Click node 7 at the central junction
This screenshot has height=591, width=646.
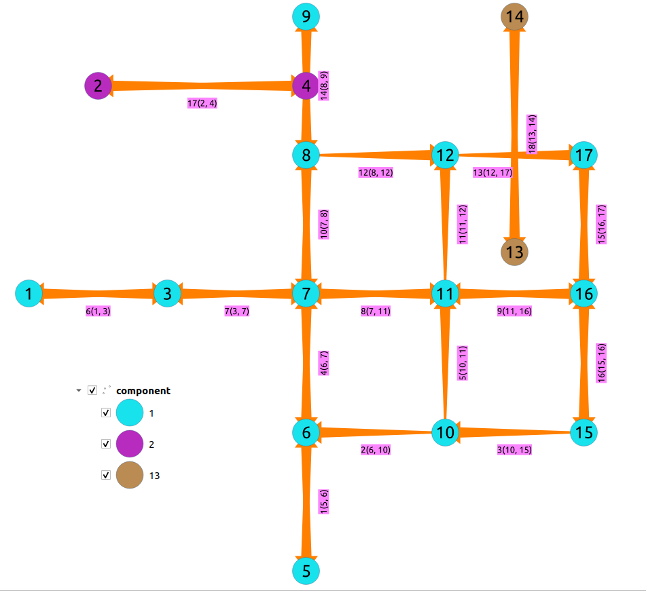click(306, 294)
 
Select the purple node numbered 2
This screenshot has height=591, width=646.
click(98, 86)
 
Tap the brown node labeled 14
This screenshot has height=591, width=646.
click(515, 17)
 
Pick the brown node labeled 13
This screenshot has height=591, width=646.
click(515, 252)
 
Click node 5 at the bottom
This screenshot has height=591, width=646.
click(306, 571)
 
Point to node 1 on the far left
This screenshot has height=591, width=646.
click(29, 294)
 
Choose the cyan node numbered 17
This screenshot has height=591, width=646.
click(584, 155)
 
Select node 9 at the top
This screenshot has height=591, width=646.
click(306, 17)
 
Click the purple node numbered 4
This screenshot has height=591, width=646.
click(306, 86)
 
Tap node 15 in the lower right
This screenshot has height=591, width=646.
click(584, 432)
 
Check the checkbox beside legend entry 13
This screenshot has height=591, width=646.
click(106, 476)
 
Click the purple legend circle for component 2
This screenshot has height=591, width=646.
click(129, 444)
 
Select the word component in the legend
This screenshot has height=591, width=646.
click(143, 391)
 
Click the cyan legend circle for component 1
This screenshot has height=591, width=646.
click(129, 413)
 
